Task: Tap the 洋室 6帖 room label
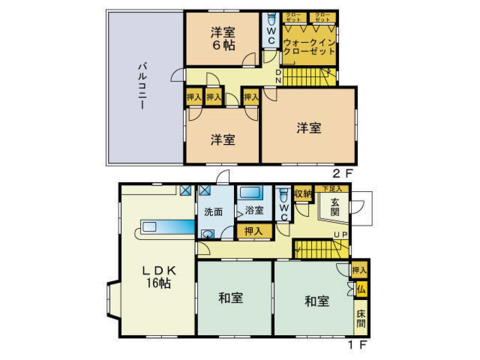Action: [x=223, y=38]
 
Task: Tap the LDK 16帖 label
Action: [x=159, y=276]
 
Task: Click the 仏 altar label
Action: [x=361, y=289]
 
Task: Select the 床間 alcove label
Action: [x=361, y=318]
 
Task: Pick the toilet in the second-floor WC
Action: [x=272, y=19]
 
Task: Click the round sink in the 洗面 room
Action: [x=207, y=234]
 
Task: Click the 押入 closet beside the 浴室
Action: [x=253, y=231]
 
